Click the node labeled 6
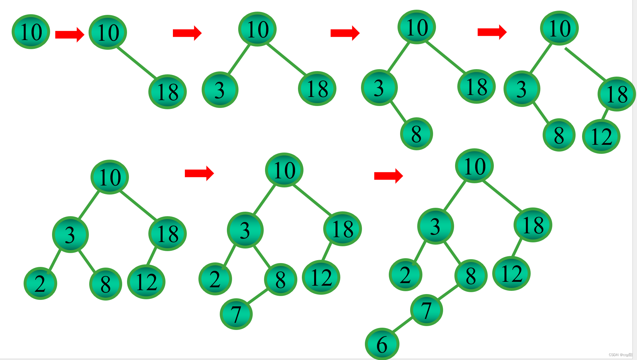(x=382, y=344)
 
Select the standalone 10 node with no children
(x=31, y=32)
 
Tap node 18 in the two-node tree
(x=167, y=92)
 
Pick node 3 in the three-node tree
(x=220, y=90)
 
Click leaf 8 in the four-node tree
(x=416, y=133)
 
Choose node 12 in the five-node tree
(x=601, y=136)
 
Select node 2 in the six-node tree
(x=40, y=283)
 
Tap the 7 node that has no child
(x=236, y=314)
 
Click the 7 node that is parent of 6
(x=426, y=310)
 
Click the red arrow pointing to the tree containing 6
(x=388, y=176)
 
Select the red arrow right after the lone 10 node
(x=69, y=35)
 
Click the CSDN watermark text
(x=620, y=355)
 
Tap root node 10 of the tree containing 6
(x=474, y=166)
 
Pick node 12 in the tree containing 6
(x=511, y=273)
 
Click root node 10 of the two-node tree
(x=108, y=32)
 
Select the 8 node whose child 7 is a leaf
(x=280, y=279)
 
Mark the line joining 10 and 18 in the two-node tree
(x=136, y=62)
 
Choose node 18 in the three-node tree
(x=317, y=89)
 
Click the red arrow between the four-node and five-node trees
(x=492, y=32)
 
